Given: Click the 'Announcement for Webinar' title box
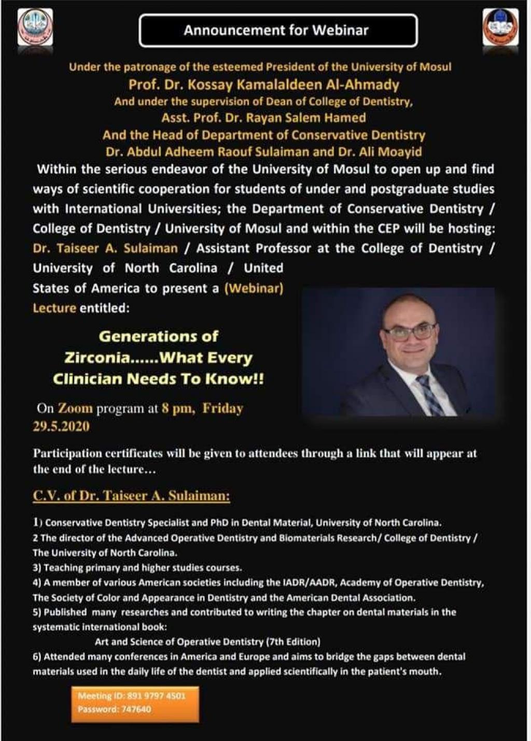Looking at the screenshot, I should (x=278, y=31).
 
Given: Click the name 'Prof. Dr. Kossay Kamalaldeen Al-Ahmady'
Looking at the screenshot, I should (x=264, y=84).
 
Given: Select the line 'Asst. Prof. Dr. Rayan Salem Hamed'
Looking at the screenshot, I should (x=263, y=118).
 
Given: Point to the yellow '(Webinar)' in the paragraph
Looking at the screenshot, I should (x=254, y=288).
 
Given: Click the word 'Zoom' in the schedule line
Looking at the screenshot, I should (x=75, y=408).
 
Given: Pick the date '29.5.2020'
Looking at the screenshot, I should (x=61, y=426).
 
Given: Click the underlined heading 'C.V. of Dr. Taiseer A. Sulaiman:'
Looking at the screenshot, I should (x=131, y=496).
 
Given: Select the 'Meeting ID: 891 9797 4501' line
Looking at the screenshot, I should (x=131, y=696).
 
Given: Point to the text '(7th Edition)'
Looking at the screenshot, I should (x=293, y=642).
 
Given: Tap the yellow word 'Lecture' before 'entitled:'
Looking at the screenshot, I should (x=54, y=308).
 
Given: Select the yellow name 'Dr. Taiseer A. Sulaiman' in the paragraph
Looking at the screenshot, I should (x=105, y=249).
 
